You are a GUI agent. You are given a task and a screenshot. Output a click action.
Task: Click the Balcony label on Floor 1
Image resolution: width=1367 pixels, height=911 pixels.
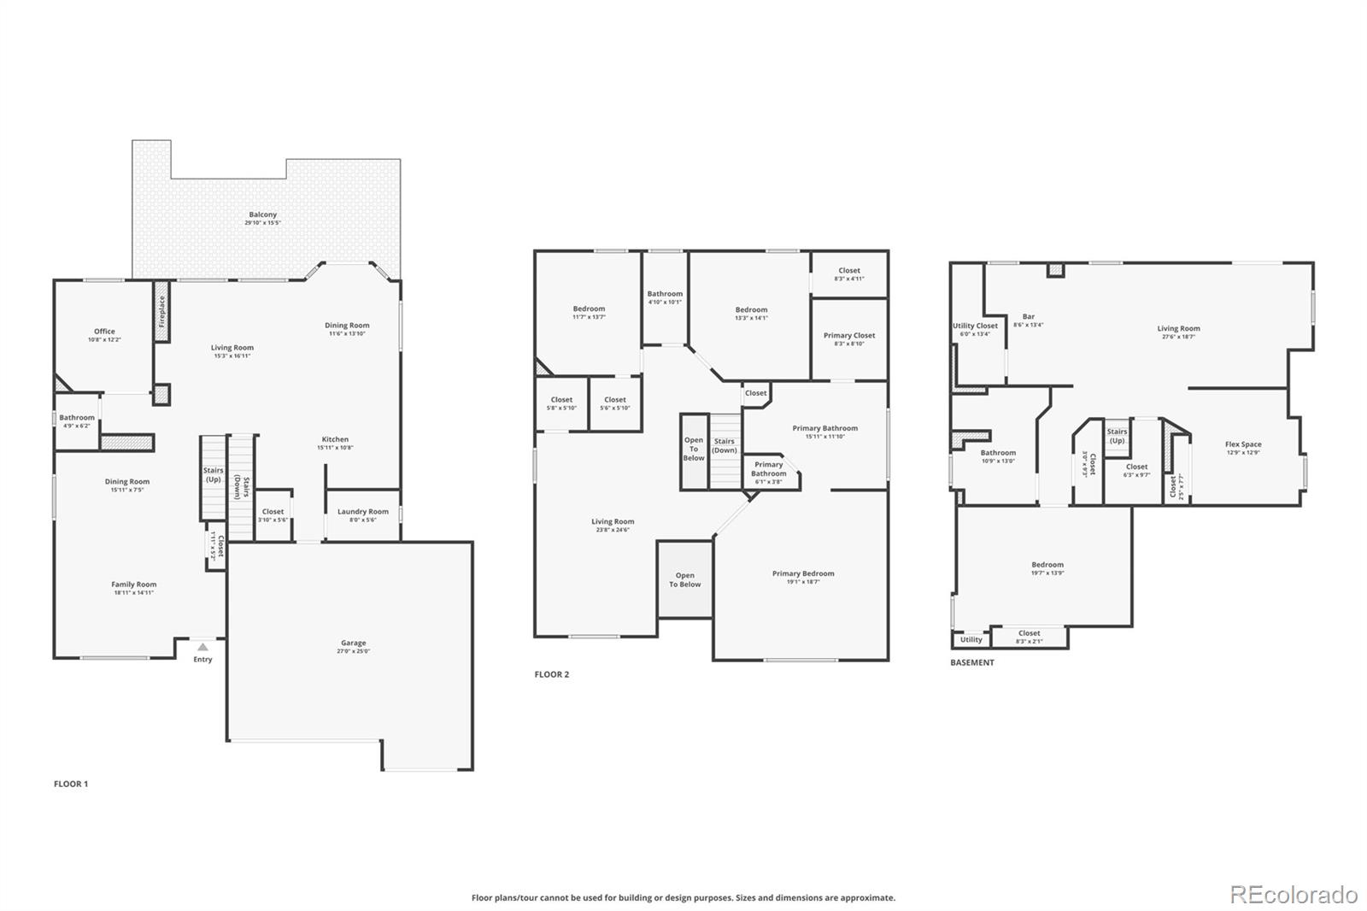(262, 215)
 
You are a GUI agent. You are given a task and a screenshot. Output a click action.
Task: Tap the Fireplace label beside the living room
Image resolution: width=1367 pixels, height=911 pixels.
(161, 311)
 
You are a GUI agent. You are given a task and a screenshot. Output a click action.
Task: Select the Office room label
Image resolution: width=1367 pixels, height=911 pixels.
(104, 332)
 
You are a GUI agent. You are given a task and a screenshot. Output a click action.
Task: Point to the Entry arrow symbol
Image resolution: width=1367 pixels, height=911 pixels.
(202, 648)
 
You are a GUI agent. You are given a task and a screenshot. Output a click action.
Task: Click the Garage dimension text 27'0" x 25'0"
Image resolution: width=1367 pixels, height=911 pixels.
(353, 651)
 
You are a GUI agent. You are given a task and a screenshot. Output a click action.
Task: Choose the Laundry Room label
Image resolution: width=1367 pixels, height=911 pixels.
(362, 512)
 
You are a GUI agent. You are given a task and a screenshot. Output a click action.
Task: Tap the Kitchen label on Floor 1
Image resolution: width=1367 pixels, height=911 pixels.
(335, 439)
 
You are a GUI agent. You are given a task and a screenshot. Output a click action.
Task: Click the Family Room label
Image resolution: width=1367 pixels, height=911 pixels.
(133, 585)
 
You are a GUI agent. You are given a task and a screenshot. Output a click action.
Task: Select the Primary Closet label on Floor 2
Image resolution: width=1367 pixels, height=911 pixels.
(849, 336)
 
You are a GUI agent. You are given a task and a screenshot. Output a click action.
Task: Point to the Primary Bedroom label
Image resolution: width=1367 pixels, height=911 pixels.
(803, 573)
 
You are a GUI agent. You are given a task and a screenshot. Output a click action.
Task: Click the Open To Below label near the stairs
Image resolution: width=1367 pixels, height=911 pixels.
(694, 450)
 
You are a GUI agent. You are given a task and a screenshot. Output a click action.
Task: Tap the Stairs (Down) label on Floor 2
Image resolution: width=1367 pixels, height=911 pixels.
(725, 445)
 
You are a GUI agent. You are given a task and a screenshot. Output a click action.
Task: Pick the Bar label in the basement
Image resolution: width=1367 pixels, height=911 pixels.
(1028, 317)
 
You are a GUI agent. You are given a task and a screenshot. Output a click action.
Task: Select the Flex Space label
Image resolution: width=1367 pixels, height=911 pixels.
(1243, 444)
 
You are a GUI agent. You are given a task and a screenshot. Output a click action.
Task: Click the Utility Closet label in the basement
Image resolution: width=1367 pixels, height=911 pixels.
(975, 326)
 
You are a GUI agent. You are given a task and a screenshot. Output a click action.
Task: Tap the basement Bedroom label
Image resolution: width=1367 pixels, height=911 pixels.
(1047, 565)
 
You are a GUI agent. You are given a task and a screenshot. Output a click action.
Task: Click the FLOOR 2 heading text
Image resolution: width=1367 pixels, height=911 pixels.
(551, 674)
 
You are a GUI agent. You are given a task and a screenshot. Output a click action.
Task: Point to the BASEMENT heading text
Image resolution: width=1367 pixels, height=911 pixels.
(972, 662)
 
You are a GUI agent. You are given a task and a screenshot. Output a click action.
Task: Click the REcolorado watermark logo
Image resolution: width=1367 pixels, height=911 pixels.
(1294, 895)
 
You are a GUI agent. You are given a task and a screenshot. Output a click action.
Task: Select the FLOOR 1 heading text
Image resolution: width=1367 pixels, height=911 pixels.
(71, 784)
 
